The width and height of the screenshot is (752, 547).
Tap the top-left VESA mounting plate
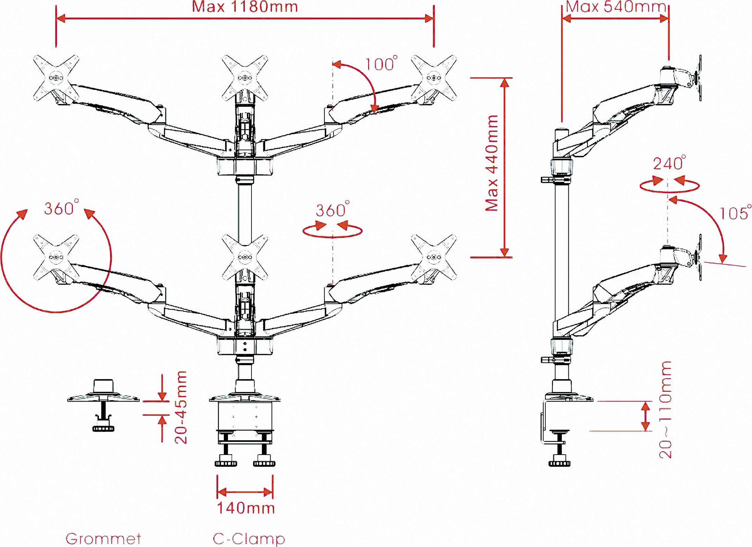56,78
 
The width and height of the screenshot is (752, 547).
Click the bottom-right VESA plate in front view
433,257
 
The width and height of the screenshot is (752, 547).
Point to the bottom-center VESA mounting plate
245,257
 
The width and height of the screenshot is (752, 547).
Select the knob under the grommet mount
101,429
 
